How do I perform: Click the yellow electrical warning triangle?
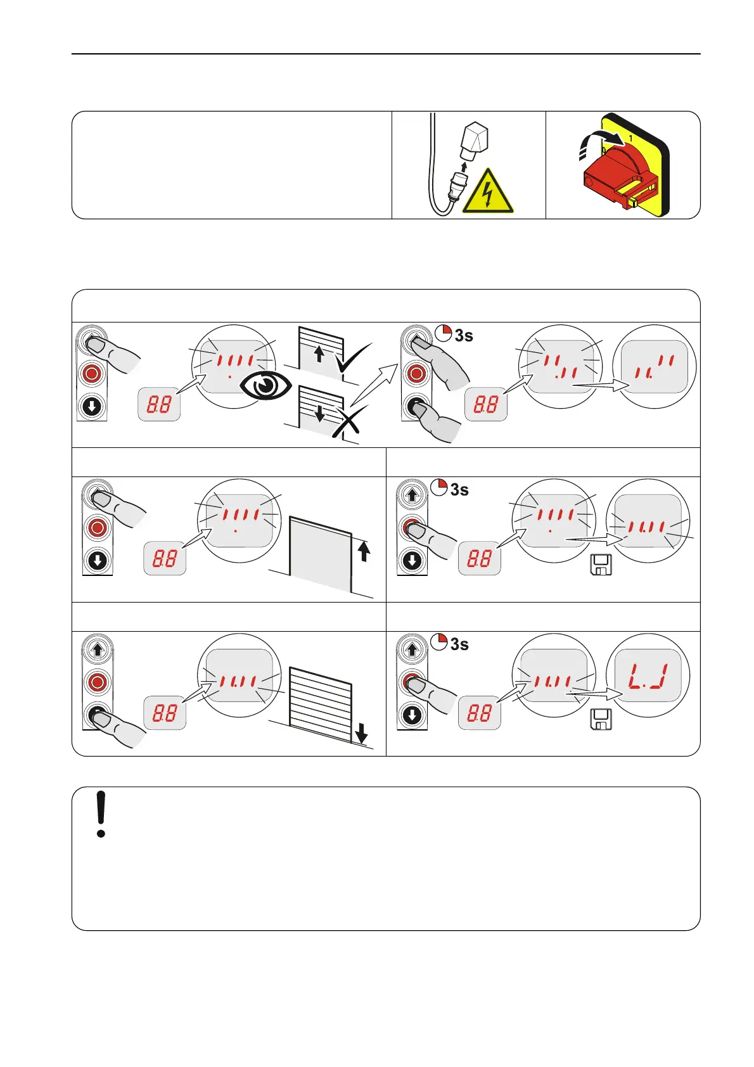click(489, 193)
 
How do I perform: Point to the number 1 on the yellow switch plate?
click(630, 137)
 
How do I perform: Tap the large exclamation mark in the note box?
click(101, 814)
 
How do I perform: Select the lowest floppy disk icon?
click(601, 720)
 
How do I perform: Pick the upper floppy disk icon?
click(601, 565)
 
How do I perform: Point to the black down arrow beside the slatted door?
click(362, 734)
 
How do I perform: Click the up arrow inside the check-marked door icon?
click(319, 354)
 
